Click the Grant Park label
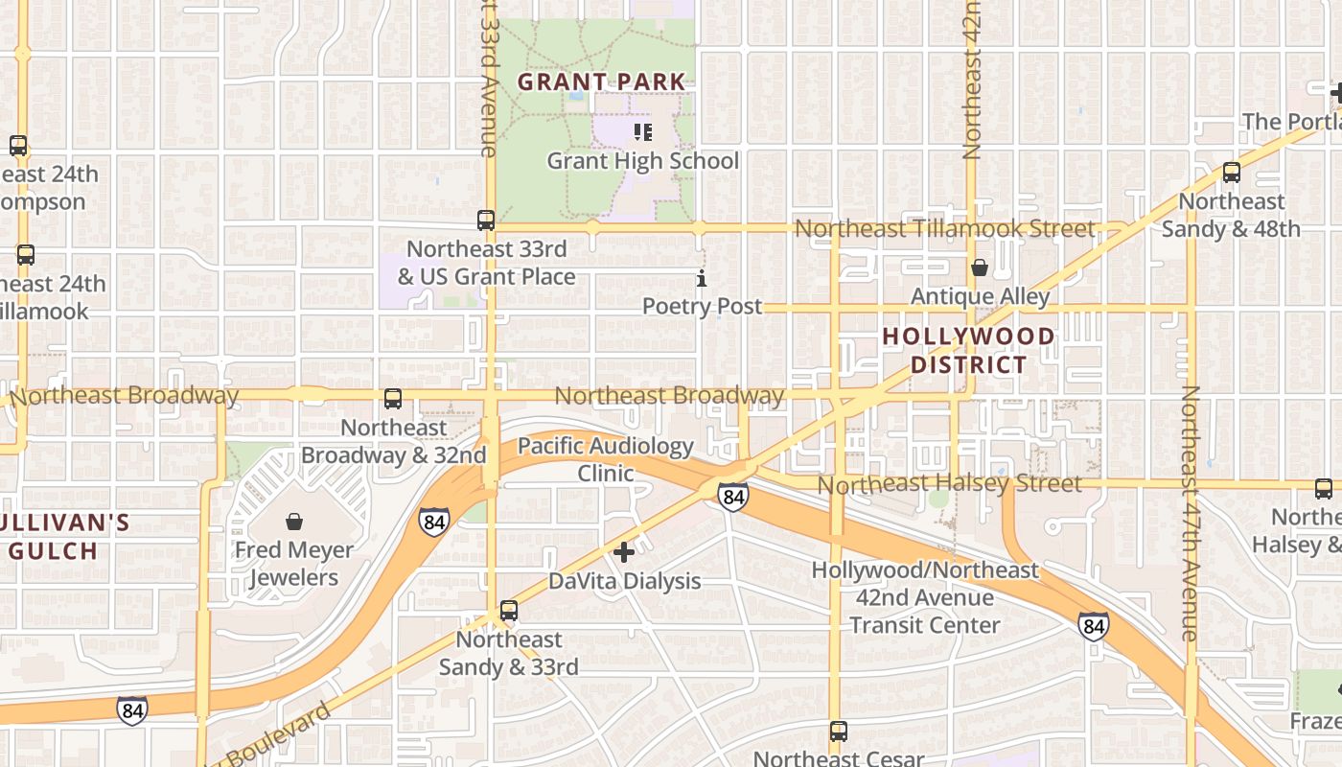click(x=602, y=82)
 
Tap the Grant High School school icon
click(x=643, y=131)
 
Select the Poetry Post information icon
click(x=702, y=279)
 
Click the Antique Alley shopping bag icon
click(x=979, y=267)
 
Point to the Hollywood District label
click(x=968, y=351)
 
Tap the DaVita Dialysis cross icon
click(x=624, y=552)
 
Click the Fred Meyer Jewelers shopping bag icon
click(x=294, y=522)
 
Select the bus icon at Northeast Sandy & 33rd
click(x=509, y=611)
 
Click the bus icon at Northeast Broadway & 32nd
click(x=393, y=399)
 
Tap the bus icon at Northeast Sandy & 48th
click(x=1232, y=173)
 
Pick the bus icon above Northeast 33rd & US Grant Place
click(x=486, y=221)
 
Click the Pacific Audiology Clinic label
click(x=606, y=459)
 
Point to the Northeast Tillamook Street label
click(x=944, y=228)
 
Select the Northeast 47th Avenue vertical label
click(x=1190, y=513)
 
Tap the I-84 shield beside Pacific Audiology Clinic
click(x=733, y=497)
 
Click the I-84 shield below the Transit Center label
click(x=1093, y=627)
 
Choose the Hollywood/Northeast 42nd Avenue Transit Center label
click(x=925, y=597)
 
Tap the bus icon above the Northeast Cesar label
click(x=839, y=732)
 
